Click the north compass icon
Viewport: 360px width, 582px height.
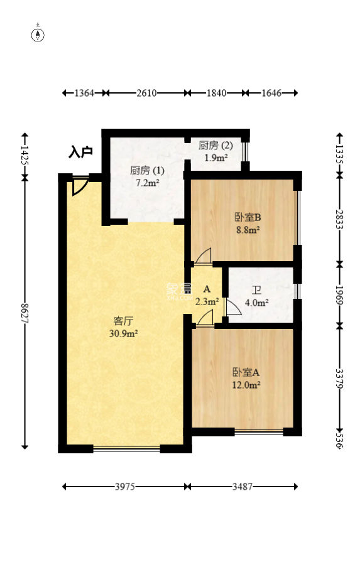(x=38, y=34)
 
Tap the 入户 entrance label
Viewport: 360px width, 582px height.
(x=80, y=152)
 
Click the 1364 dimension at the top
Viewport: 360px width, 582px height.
(x=84, y=93)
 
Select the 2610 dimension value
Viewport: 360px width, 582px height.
(x=146, y=93)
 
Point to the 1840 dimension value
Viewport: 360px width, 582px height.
(x=216, y=93)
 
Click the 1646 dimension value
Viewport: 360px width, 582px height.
(x=271, y=93)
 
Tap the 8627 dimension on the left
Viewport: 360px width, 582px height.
(x=25, y=313)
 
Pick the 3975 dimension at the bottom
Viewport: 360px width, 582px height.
(x=125, y=486)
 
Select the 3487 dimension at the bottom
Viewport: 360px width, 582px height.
(x=243, y=486)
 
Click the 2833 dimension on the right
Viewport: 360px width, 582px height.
(x=339, y=219)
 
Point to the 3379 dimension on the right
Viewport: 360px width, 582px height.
(x=339, y=378)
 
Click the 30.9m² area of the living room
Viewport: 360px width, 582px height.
(x=124, y=333)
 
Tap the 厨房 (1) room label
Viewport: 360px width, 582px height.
(x=147, y=170)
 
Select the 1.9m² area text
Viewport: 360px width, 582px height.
(x=216, y=158)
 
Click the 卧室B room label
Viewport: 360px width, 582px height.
(x=248, y=217)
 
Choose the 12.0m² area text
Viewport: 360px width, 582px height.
(x=246, y=385)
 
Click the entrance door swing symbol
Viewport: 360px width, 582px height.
(x=80, y=186)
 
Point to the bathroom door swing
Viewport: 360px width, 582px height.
(x=233, y=308)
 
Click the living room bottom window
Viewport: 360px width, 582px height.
(x=127, y=449)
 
